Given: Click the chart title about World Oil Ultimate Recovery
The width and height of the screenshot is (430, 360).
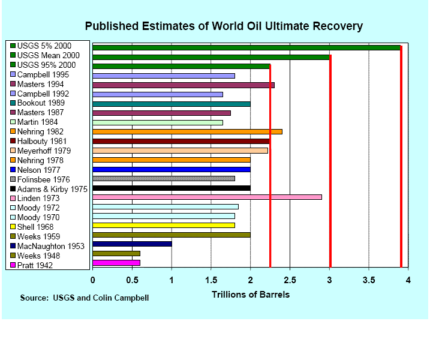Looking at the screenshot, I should pyautogui.click(x=224, y=26).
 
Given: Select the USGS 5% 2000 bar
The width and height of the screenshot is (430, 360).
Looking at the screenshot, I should pyautogui.click(x=246, y=47).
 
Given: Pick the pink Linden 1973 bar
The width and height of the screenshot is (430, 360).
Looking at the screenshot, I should pyautogui.click(x=207, y=197).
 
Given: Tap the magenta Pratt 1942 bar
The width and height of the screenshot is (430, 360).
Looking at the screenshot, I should pyautogui.click(x=116, y=263).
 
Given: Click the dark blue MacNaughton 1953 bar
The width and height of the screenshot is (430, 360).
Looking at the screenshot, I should pyautogui.click(x=132, y=244).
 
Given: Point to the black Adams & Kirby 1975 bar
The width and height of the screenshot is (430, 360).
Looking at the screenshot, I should pyautogui.click(x=171, y=188).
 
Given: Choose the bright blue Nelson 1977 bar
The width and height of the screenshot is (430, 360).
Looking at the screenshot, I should pyautogui.click(x=171, y=169).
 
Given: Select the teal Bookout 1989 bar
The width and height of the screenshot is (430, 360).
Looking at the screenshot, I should pyautogui.click(x=171, y=104).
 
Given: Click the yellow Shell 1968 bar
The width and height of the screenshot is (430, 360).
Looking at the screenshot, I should pyautogui.click(x=163, y=226).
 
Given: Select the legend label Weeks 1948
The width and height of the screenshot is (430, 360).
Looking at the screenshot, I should pyautogui.click(x=40, y=255).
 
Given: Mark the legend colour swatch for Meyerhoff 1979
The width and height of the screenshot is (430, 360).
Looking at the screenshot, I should pyautogui.click(x=13, y=151).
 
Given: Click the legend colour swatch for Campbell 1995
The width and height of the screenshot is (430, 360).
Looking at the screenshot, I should pyautogui.click(x=13, y=74).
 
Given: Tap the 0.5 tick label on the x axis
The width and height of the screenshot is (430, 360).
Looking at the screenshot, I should pyautogui.click(x=132, y=280).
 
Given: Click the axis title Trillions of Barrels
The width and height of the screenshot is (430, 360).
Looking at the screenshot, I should pyautogui.click(x=250, y=295).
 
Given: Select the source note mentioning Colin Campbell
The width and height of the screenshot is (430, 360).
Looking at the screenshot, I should pyautogui.click(x=84, y=298).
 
